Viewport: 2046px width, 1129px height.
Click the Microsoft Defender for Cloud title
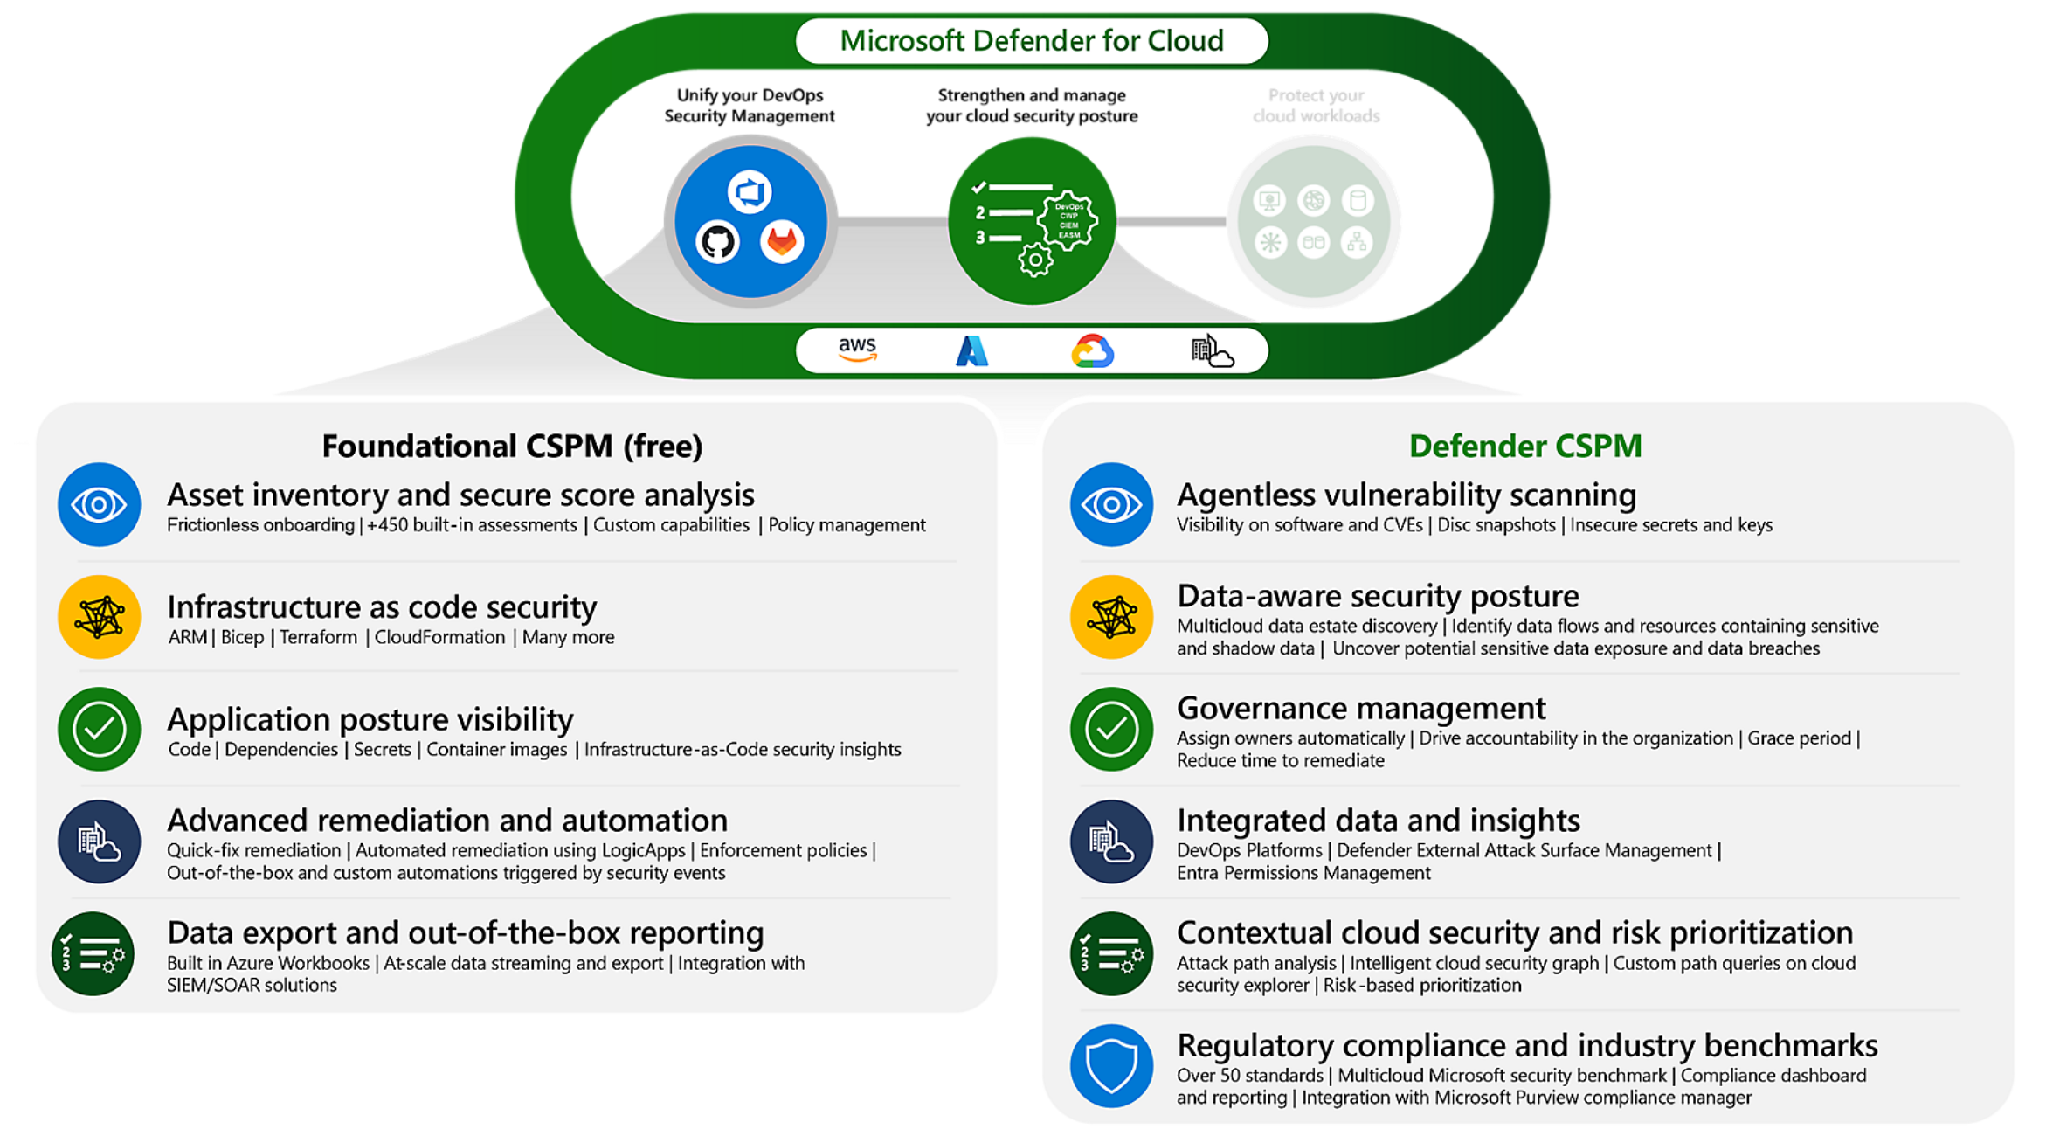(x=1031, y=41)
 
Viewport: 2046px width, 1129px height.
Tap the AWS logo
(x=857, y=350)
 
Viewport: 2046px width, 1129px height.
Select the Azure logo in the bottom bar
(x=971, y=351)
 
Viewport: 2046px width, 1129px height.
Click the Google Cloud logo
(x=1092, y=351)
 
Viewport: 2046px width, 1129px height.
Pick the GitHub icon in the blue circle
(x=718, y=242)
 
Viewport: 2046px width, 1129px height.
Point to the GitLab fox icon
(x=782, y=242)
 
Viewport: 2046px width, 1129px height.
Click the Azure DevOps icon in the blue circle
(x=750, y=192)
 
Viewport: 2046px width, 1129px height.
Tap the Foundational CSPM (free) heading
(x=512, y=446)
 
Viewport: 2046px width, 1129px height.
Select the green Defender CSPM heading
(x=1524, y=446)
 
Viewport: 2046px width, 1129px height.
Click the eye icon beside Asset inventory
(x=99, y=504)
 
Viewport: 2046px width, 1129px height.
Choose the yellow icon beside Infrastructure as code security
(x=99, y=617)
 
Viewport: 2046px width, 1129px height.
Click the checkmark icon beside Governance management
(x=1111, y=729)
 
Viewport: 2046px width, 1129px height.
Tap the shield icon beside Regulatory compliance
(x=1111, y=1066)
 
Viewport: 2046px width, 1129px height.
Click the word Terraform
(x=318, y=637)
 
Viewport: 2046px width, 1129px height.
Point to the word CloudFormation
(x=439, y=637)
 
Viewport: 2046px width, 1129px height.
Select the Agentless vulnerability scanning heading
(x=1406, y=495)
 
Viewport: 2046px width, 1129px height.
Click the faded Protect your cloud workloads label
(x=1316, y=106)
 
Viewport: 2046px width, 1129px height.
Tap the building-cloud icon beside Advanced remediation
(x=99, y=842)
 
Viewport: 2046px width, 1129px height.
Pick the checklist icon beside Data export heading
(x=93, y=953)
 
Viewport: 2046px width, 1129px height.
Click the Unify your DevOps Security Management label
(x=750, y=106)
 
